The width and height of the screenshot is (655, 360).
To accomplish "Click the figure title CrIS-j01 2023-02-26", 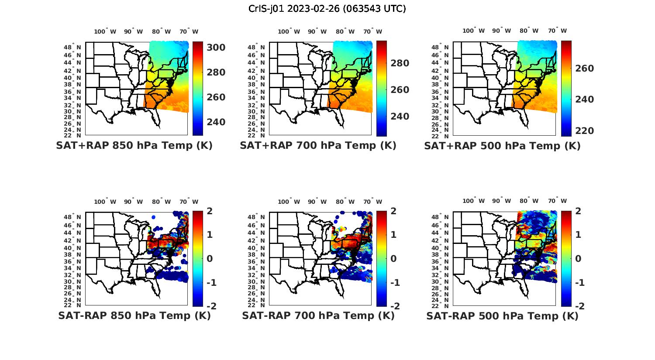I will (x=327, y=9).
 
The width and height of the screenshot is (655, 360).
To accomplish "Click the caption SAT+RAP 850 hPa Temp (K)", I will (x=134, y=146).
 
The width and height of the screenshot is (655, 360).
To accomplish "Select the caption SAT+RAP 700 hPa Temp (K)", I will (x=318, y=146).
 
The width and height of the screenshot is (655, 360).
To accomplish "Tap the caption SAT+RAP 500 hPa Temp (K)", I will (x=502, y=146).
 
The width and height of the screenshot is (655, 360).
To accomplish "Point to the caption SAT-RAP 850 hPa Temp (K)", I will (x=134, y=315).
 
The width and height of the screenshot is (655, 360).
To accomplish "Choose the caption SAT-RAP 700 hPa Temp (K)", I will (x=318, y=315).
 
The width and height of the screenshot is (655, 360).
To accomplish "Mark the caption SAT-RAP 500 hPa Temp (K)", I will (x=502, y=315).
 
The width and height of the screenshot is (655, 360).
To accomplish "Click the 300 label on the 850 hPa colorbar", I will (x=216, y=48).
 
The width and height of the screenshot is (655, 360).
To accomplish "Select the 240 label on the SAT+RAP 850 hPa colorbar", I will (x=216, y=122).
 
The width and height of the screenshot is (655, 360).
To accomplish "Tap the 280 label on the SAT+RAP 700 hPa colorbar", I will (x=400, y=63).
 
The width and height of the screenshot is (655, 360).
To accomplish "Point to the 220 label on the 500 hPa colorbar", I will (x=584, y=131).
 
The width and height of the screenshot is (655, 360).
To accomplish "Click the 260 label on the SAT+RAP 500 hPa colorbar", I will (x=584, y=69).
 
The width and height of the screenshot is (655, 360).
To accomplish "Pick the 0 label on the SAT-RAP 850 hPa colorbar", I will (x=210, y=259).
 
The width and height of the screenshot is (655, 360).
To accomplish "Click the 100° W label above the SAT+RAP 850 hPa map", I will (x=105, y=31).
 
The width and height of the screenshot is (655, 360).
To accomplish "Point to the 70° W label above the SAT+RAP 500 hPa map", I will (x=558, y=31).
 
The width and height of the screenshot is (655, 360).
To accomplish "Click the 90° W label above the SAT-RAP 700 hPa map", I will (x=317, y=202).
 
